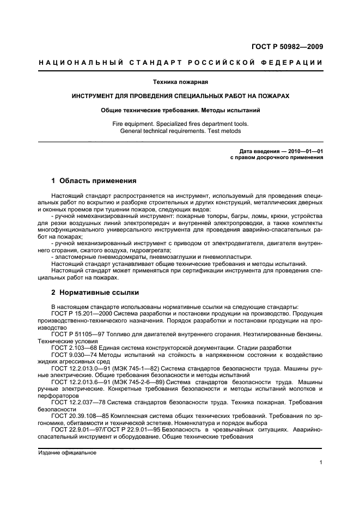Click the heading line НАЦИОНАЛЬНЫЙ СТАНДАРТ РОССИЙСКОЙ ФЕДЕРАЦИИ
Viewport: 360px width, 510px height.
point(180,63)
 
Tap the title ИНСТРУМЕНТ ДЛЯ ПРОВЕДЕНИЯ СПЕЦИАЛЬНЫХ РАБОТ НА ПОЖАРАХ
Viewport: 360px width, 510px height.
point(180,95)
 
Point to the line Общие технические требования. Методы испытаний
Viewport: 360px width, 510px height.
point(180,110)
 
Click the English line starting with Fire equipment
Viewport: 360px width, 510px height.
point(180,124)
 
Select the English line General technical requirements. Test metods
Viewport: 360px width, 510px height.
point(180,131)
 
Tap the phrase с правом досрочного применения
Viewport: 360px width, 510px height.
point(277,157)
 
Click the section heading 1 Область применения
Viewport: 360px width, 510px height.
point(93,180)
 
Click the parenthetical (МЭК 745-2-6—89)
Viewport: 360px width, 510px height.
point(141,381)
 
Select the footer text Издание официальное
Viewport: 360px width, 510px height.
point(67,453)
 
